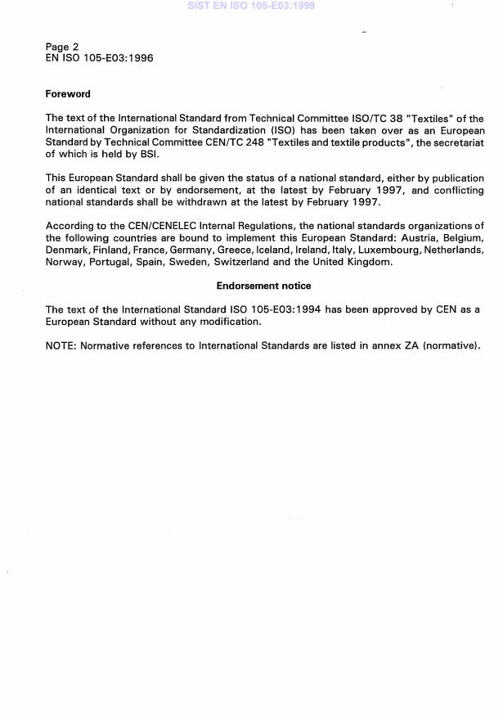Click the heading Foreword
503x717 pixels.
coord(68,94)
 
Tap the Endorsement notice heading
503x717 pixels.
coord(263,286)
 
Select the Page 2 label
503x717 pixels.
coord(62,47)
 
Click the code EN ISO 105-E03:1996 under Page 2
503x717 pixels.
coord(99,58)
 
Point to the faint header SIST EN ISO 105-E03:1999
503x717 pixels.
coord(251,6)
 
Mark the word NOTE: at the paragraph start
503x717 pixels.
coord(61,345)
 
